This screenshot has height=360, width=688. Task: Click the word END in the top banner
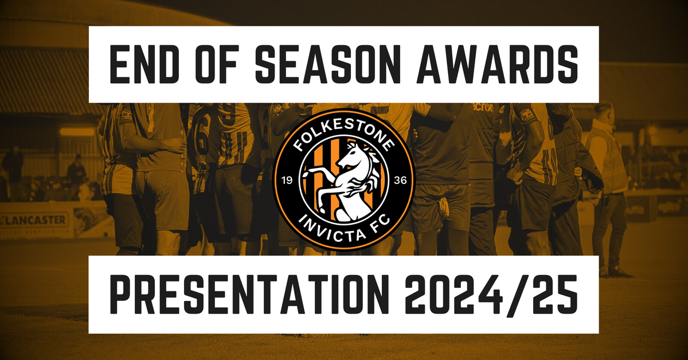pyautogui.click(x=144, y=64)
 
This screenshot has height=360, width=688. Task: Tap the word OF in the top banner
pyautogui.click(x=217, y=64)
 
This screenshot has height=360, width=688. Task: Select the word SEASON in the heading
pyautogui.click(x=328, y=64)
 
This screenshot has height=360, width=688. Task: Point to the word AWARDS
pyautogui.click(x=497, y=64)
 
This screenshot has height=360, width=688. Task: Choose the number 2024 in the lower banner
pyautogui.click(x=454, y=294)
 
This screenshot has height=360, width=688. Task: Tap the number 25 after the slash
pyautogui.click(x=554, y=294)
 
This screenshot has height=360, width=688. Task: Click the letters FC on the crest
pyautogui.click(x=381, y=222)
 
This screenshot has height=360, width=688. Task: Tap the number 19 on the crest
pyautogui.click(x=287, y=181)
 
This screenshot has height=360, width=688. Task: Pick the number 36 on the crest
pyautogui.click(x=401, y=181)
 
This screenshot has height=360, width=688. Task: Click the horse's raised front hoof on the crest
pyautogui.click(x=305, y=174)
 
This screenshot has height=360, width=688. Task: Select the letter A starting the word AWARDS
pyautogui.click(x=431, y=64)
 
